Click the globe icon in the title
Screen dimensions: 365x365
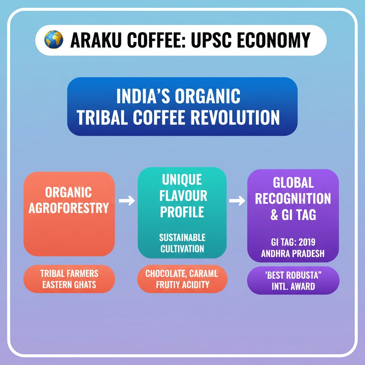[53, 40]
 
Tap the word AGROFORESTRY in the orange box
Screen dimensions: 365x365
[69, 207]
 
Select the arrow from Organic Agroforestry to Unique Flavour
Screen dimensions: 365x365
[127, 201]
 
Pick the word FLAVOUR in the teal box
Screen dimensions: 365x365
[184, 196]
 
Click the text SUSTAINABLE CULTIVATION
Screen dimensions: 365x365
[182, 243]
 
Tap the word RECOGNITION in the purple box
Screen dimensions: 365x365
[293, 199]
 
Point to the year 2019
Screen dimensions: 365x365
[311, 242]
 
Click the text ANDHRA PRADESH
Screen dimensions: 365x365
[293, 254]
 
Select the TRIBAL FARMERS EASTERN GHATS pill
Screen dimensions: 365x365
[69, 279]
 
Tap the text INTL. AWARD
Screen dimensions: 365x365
[293, 286]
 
